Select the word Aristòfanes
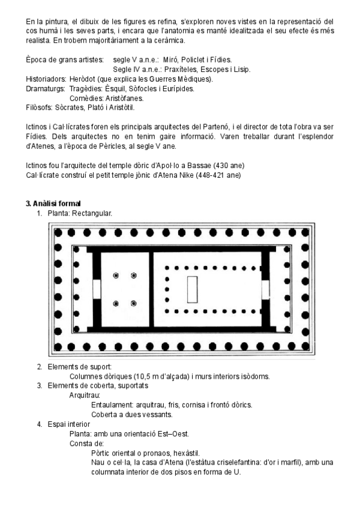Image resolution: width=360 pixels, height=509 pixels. point(124,98)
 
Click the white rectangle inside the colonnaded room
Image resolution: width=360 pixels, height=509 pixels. point(193,290)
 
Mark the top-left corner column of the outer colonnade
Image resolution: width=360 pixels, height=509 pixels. point(58,232)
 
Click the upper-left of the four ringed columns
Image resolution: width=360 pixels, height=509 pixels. point(116,276)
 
